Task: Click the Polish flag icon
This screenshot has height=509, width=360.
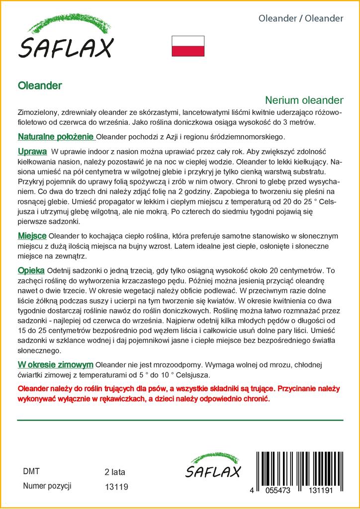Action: click(188, 46)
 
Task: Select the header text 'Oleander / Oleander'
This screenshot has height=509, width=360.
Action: click(301, 18)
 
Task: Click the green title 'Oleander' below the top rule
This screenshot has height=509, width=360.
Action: click(40, 85)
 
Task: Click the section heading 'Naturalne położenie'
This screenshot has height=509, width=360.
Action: click(56, 136)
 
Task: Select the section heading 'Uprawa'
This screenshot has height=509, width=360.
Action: click(32, 151)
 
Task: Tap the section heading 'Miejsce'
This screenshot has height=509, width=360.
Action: click(32, 235)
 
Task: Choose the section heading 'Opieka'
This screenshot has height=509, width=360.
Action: click(31, 270)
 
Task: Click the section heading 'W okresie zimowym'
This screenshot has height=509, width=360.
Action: click(56, 364)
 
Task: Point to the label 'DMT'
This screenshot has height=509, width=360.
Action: click(31, 471)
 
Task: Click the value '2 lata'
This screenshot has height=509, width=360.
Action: click(115, 472)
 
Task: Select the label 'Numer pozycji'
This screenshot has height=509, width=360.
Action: click(47, 486)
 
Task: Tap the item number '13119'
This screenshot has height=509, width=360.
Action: click(117, 487)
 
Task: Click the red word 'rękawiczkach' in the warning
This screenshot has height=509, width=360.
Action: click(135, 399)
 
